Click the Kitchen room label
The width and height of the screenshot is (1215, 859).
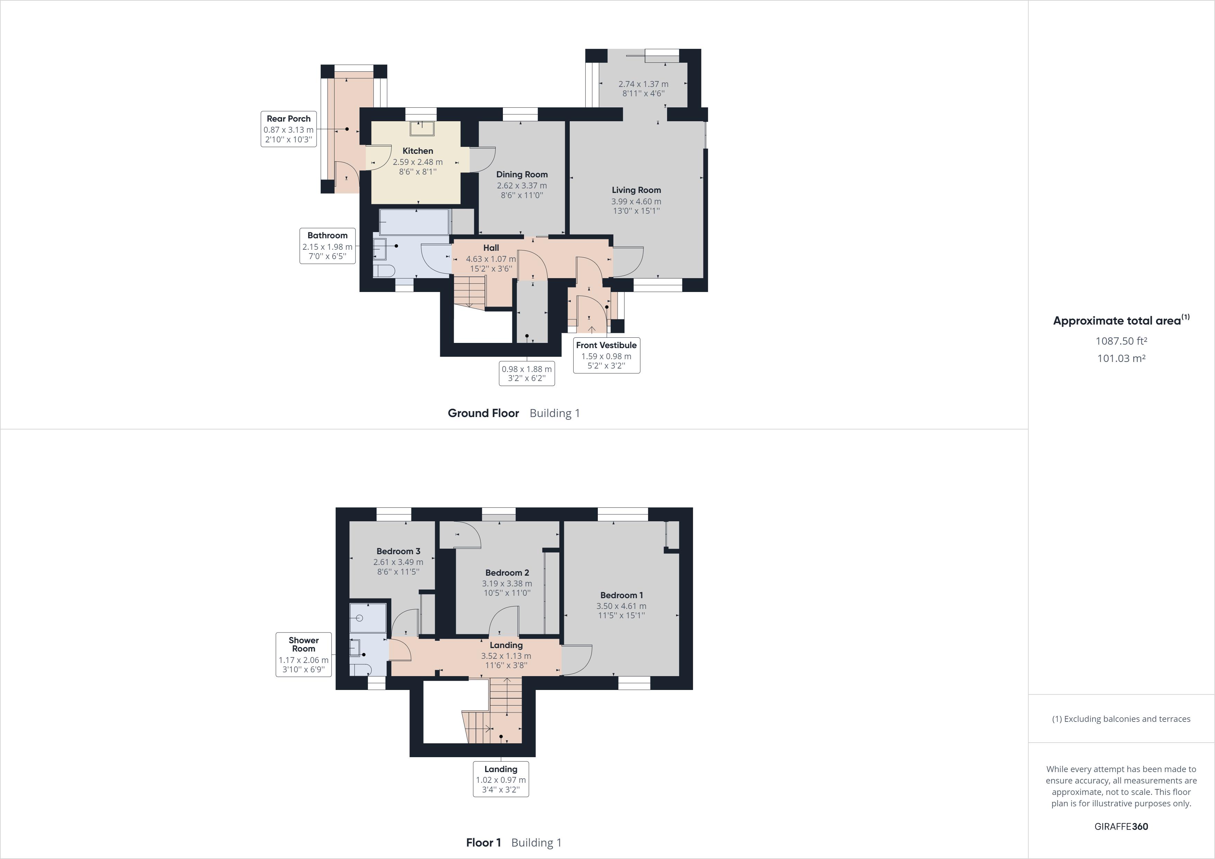coord(417,151)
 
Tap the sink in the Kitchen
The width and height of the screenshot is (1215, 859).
coord(422,129)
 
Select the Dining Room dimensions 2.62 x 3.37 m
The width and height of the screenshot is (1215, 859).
coord(522,186)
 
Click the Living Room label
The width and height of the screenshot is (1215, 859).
coord(636,190)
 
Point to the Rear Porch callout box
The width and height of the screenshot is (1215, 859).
coord(289,129)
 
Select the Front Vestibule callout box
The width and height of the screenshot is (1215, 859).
coord(606,355)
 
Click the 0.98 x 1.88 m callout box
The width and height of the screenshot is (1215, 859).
coord(526,374)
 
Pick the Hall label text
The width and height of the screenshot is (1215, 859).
coord(490,248)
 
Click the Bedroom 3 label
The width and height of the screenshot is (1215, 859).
coord(398,551)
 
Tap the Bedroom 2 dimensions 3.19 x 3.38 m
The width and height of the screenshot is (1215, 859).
coord(506,583)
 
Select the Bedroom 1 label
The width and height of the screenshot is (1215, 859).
coord(621,595)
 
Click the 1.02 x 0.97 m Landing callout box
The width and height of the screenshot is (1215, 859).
coord(500,779)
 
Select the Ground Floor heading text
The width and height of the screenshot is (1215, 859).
coord(483,413)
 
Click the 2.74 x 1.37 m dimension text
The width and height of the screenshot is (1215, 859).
coord(643,84)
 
